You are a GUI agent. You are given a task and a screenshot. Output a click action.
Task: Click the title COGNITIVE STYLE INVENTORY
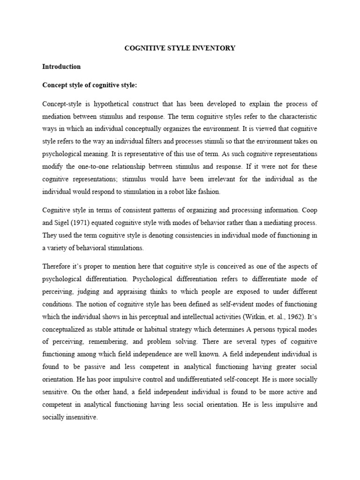(180, 48)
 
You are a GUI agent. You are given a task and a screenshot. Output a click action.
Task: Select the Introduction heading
(61, 67)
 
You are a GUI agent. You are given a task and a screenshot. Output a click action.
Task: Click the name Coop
(309, 210)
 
